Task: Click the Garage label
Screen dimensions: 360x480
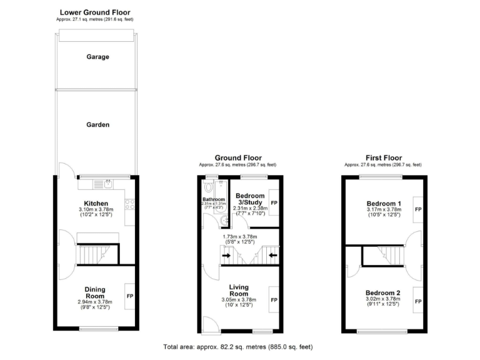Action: (x=97, y=57)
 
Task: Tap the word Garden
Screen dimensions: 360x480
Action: (x=97, y=124)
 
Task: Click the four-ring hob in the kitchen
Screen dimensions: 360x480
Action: (x=130, y=204)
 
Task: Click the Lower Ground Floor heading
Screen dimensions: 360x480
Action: (x=96, y=12)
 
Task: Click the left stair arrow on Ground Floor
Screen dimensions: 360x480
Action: (x=226, y=255)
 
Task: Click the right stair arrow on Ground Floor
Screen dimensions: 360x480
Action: (x=272, y=255)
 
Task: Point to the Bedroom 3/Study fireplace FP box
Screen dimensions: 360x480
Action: (x=274, y=203)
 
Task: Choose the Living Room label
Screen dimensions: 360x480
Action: (x=239, y=290)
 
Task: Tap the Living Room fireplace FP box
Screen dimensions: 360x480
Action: (x=274, y=300)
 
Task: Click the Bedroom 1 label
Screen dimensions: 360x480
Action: (x=383, y=204)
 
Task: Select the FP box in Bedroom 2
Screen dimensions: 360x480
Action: (x=417, y=301)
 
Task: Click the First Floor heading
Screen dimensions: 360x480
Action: (x=384, y=158)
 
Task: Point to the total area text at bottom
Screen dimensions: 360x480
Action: (x=237, y=346)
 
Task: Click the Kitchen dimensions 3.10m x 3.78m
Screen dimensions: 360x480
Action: (x=97, y=210)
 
